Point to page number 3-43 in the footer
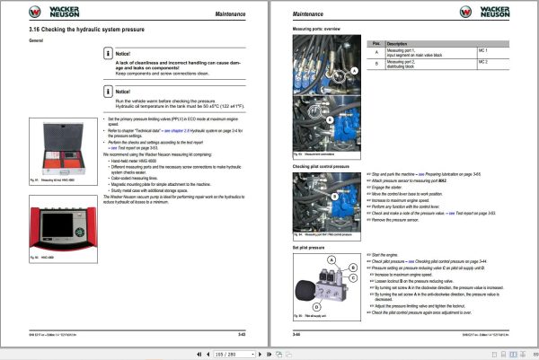[x=242, y=334]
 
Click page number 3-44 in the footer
[x=296, y=334]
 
